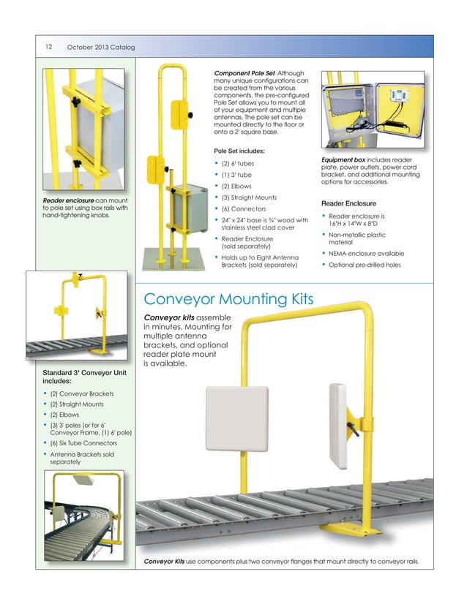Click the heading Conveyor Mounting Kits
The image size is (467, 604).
coord(228,299)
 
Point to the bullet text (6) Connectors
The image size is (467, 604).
coord(242,209)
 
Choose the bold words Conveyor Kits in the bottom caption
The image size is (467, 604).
coord(165,561)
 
